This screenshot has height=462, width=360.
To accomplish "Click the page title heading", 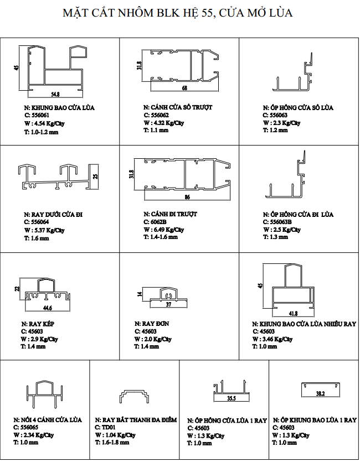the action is (x=178, y=13).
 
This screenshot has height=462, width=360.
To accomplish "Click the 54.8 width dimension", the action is (x=55, y=95).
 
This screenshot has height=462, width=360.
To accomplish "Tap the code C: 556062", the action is (x=156, y=115).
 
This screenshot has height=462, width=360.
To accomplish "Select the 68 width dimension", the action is (x=185, y=88).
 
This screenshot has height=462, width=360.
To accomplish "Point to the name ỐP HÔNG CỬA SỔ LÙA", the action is (x=298, y=107).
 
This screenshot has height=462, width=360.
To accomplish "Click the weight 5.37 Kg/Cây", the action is (x=44, y=230).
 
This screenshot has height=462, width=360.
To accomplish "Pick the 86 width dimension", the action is (x=187, y=197).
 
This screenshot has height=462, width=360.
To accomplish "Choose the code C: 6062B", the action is (x=155, y=222).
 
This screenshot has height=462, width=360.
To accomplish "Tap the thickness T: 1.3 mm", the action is (x=275, y=237).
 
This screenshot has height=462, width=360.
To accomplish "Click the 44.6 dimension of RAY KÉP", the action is (x=48, y=308).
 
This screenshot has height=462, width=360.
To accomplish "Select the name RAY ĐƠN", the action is (x=152, y=324).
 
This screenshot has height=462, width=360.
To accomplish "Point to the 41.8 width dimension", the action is (x=294, y=314).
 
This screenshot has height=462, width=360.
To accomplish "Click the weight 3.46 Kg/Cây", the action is (x=272, y=339).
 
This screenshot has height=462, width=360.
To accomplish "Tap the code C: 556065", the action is (x=26, y=427).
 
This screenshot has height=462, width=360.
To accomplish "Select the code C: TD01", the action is (x=105, y=427).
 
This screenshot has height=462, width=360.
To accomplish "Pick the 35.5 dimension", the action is (x=232, y=398).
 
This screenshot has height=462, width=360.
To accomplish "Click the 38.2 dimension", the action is (x=320, y=393).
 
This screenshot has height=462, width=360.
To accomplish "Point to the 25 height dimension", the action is (x=95, y=176).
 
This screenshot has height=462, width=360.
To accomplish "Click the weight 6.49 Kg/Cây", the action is (x=164, y=230).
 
